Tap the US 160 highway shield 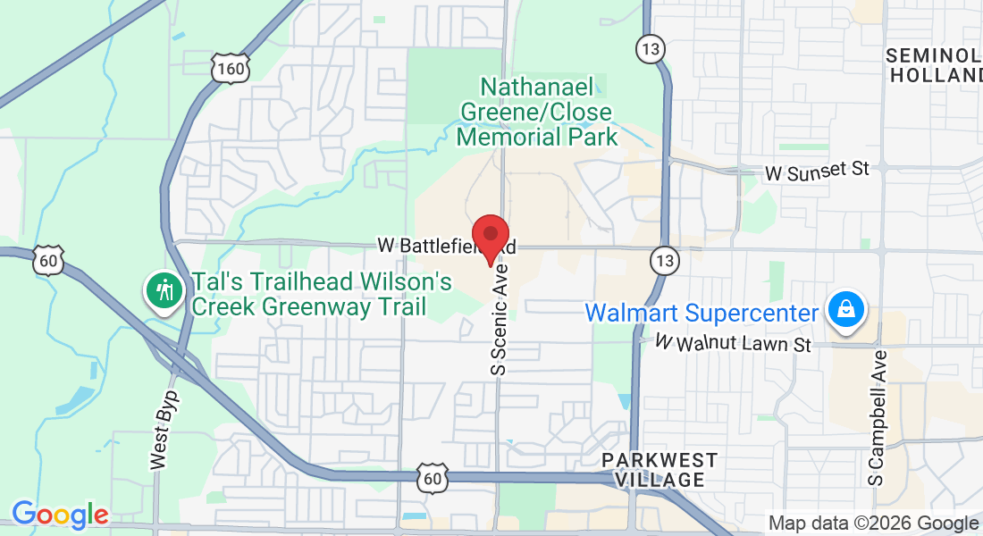click(x=230, y=68)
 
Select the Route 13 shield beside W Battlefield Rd click(x=664, y=261)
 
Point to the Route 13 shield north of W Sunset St click(x=650, y=48)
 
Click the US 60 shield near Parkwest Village click(x=433, y=479)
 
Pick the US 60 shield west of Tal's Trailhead click(x=48, y=260)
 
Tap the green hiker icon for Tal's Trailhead click(x=164, y=291)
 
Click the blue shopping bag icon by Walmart click(x=844, y=310)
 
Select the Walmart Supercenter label click(x=702, y=314)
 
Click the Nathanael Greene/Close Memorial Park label click(x=536, y=112)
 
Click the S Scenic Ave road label click(x=500, y=318)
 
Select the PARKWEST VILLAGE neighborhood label click(x=660, y=469)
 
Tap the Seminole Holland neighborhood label click(x=934, y=65)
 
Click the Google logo click(x=60, y=515)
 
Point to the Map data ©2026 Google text click(x=873, y=523)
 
